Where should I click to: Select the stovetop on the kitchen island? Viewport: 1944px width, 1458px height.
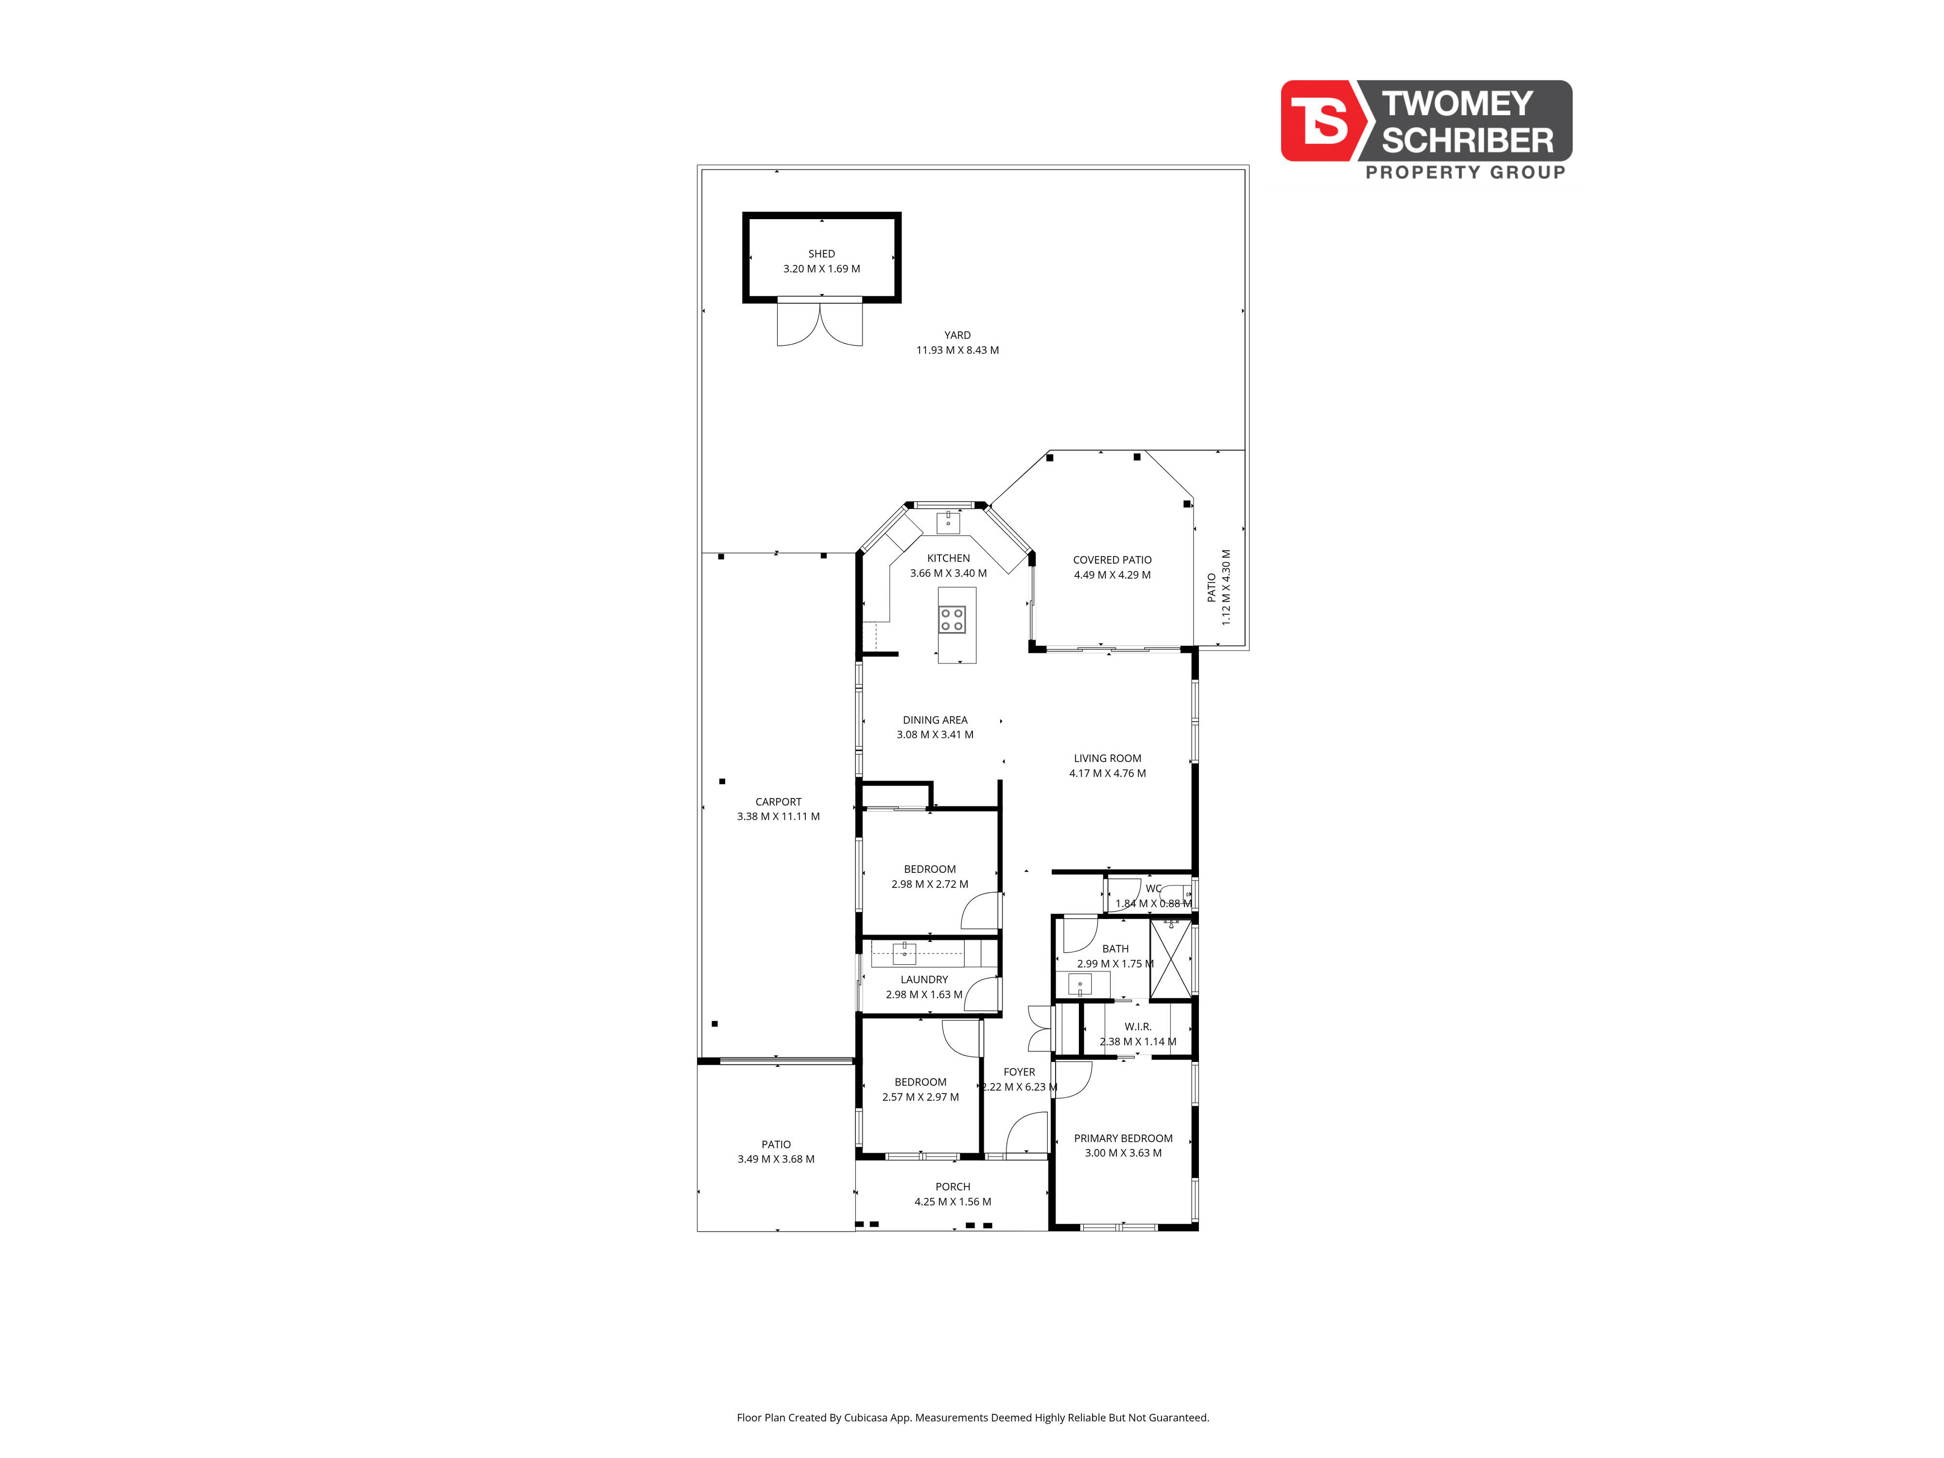pyautogui.click(x=952, y=620)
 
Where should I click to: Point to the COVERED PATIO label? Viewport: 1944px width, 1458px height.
pyautogui.click(x=1112, y=560)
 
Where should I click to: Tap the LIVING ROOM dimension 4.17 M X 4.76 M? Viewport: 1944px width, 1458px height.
pyautogui.click(x=1107, y=773)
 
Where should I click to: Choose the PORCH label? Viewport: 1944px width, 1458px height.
pyautogui.click(x=953, y=1186)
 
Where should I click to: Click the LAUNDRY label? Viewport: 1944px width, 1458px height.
pyautogui.click(x=924, y=979)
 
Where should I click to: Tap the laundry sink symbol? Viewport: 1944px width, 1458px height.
pyautogui.click(x=904, y=953)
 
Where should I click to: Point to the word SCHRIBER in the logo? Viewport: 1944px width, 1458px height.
pyautogui.click(x=1468, y=140)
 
